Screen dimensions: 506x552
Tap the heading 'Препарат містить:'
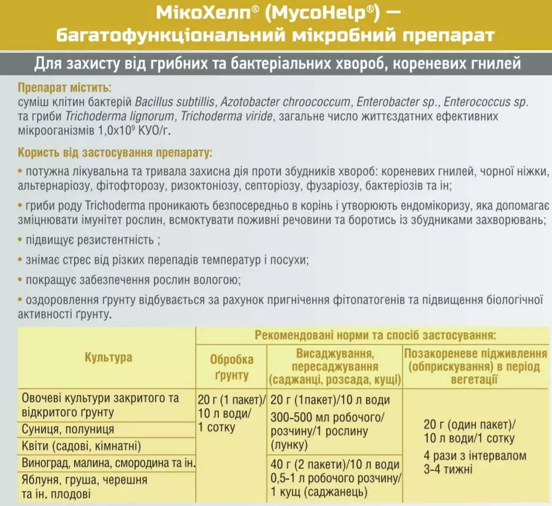coord(64,88)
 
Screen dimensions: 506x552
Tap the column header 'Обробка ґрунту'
coord(232,367)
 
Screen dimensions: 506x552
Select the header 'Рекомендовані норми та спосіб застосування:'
coord(374,335)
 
